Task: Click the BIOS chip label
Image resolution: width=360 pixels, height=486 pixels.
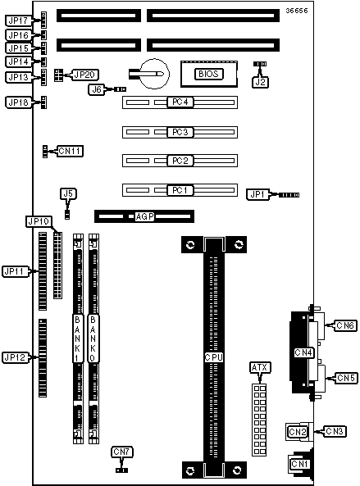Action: pyautogui.click(x=208, y=74)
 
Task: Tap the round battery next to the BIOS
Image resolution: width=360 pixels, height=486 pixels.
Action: pyautogui.click(x=154, y=74)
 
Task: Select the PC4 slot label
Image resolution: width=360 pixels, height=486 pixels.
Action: pyautogui.click(x=180, y=102)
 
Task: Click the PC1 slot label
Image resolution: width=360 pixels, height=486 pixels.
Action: pyautogui.click(x=180, y=190)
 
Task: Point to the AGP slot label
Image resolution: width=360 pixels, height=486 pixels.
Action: pyautogui.click(x=145, y=216)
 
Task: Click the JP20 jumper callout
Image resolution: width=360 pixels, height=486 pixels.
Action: pyautogui.click(x=84, y=75)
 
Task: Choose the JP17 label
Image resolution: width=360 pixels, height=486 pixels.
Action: pyautogui.click(x=18, y=20)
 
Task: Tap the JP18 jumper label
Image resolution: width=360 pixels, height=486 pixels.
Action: pyautogui.click(x=18, y=102)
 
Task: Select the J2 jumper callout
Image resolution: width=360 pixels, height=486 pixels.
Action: pyautogui.click(x=261, y=82)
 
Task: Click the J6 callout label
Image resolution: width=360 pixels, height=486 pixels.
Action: pyautogui.click(x=97, y=89)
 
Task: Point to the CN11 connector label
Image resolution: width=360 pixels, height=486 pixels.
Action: pyautogui.click(x=71, y=151)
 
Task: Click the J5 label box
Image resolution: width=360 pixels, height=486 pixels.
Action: pyautogui.click(x=68, y=193)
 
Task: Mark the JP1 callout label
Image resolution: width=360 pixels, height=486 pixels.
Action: pyautogui.click(x=258, y=194)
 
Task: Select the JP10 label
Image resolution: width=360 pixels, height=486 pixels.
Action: pyautogui.click(x=39, y=221)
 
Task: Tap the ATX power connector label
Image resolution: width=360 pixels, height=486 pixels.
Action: pyautogui.click(x=260, y=368)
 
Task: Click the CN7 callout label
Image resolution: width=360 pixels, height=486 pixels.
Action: pyautogui.click(x=122, y=452)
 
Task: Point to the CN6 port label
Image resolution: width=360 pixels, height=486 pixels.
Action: pyautogui.click(x=345, y=325)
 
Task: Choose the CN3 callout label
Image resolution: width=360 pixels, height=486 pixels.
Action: pyautogui.click(x=335, y=431)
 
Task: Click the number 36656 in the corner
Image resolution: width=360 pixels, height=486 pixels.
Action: pyautogui.click(x=297, y=11)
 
